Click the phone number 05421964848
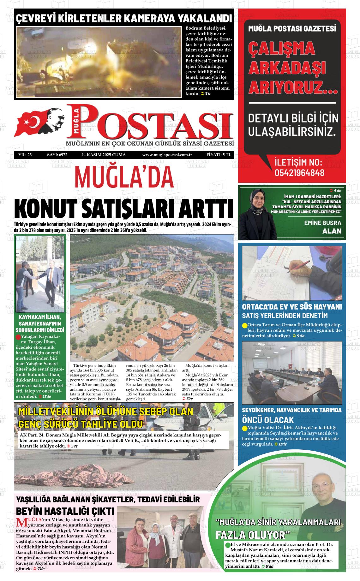click(x=299, y=173)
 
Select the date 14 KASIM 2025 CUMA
click(x=104, y=155)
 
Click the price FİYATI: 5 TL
click(x=219, y=155)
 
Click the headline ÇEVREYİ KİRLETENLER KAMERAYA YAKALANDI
click(x=124, y=18)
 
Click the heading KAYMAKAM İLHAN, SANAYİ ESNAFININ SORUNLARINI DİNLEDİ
click(x=40, y=323)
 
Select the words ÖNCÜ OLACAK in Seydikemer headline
click(x=268, y=420)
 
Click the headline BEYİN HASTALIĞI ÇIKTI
click(x=65, y=511)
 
